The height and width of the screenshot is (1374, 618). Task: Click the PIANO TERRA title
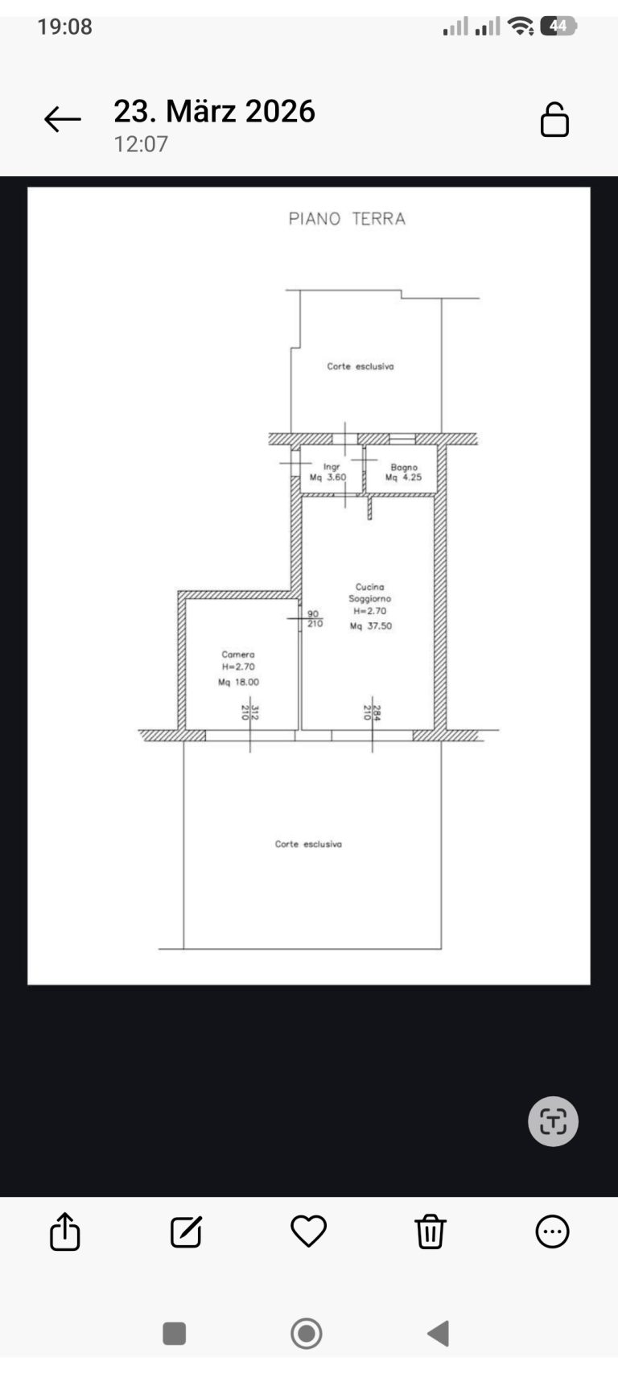click(347, 218)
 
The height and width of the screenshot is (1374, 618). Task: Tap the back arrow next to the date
click(62, 119)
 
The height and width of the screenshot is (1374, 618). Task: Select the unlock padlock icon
click(554, 119)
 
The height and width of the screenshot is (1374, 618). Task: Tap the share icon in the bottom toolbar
click(64, 1231)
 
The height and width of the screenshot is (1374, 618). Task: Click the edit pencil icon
click(186, 1231)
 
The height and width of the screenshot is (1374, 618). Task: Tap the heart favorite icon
click(308, 1231)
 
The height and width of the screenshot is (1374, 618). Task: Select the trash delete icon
click(431, 1231)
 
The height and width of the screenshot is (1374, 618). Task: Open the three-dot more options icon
click(552, 1231)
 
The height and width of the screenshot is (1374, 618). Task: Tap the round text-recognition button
click(553, 1121)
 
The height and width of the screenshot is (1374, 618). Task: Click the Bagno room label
click(404, 468)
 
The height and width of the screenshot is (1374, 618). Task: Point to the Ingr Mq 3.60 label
click(328, 472)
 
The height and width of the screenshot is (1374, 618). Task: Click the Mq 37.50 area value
click(371, 625)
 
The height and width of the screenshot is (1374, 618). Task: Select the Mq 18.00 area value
click(238, 682)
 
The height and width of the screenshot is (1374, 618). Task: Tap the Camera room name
click(238, 654)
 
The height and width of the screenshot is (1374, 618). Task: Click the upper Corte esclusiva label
click(360, 366)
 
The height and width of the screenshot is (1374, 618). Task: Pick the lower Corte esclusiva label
click(308, 844)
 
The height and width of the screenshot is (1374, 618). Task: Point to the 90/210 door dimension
click(315, 618)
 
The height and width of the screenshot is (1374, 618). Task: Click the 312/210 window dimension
click(250, 712)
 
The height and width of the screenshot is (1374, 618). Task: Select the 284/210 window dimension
click(372, 712)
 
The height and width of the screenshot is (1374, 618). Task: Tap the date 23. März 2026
click(214, 111)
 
